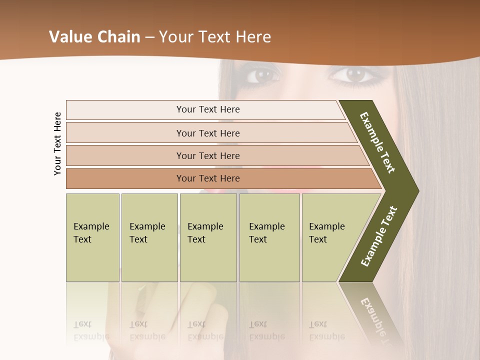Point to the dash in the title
pyautogui.click(x=149, y=37)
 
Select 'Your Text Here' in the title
pyautogui.click(x=215, y=37)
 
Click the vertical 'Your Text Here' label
pyautogui.click(x=57, y=143)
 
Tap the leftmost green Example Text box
pyautogui.click(x=92, y=237)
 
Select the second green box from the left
pyautogui.click(x=149, y=237)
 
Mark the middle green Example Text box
pyautogui.click(x=208, y=237)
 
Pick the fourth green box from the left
pyautogui.click(x=269, y=237)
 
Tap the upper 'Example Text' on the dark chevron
pyautogui.click(x=377, y=142)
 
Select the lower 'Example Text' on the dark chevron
pyautogui.click(x=379, y=236)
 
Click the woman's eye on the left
pyautogui.click(x=261, y=75)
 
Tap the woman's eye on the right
pyautogui.click(x=355, y=75)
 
